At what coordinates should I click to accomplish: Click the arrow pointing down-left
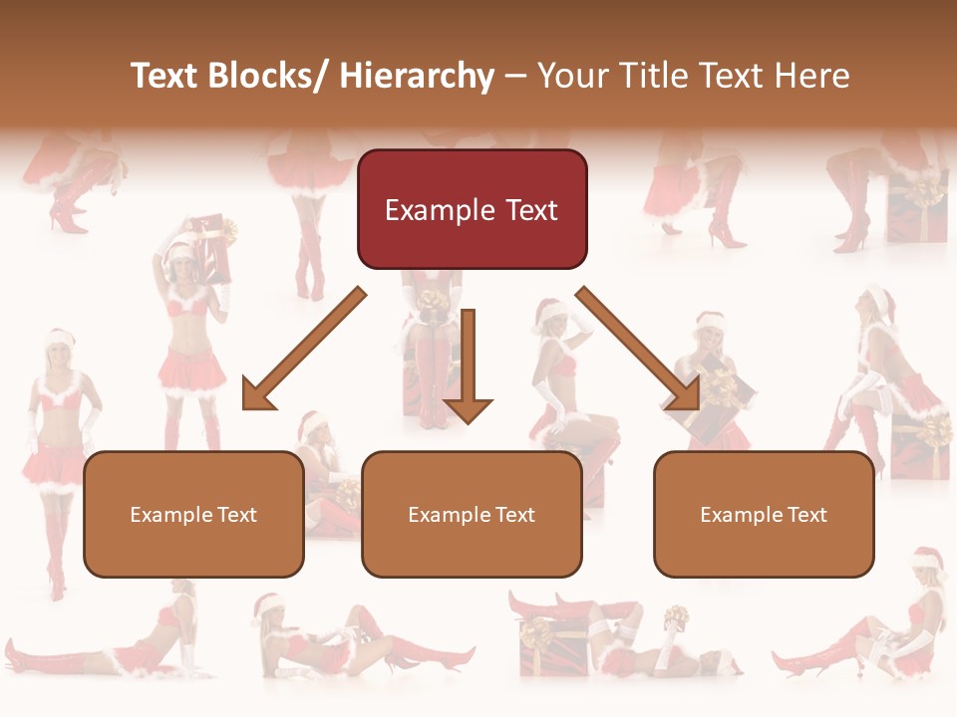[304, 349]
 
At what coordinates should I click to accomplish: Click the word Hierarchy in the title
[417, 76]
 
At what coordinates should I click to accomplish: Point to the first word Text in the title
[165, 76]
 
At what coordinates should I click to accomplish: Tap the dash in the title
[514, 76]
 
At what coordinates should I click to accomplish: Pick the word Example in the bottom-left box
[170, 515]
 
